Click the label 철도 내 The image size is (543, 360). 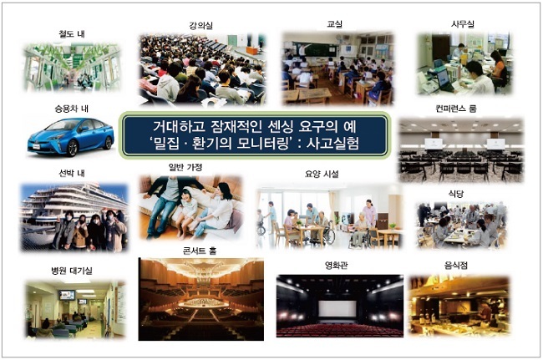(x=72, y=34)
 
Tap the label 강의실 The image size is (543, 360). (x=200, y=25)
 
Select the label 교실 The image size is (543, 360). (x=334, y=24)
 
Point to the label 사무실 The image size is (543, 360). (x=463, y=24)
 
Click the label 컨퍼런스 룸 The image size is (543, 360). (x=456, y=109)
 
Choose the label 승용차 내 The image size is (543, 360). (x=71, y=109)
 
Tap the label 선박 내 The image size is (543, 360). (x=72, y=173)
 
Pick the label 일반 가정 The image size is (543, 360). (x=185, y=167)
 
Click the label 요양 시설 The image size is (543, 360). (x=322, y=174)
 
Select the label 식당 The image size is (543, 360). (x=456, y=194)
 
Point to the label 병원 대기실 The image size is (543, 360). (x=72, y=271)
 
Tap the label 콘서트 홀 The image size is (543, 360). (x=200, y=251)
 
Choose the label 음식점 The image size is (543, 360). (x=456, y=266)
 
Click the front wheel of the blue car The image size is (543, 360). (x=73, y=148)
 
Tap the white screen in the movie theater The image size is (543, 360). (x=337, y=308)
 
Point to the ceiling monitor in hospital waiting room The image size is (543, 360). (x=67, y=296)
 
